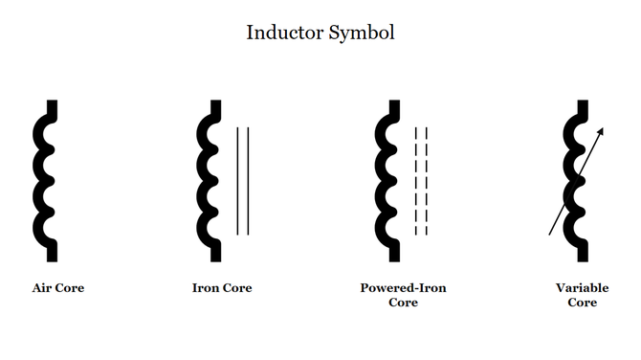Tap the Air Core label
(58, 287)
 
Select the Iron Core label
(222, 287)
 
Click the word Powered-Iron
(403, 287)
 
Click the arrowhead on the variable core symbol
(601, 132)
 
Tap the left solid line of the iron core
(237, 180)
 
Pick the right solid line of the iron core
(249, 180)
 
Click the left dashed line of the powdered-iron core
(415, 180)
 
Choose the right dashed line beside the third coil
(426, 180)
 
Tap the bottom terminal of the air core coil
(53, 254)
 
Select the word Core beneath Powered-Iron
(403, 303)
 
